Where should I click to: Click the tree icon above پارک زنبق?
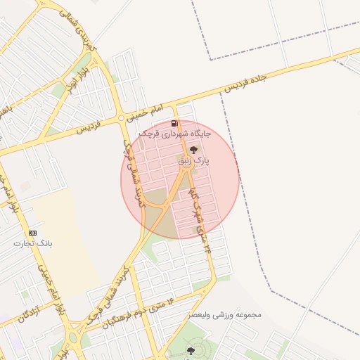(193, 149)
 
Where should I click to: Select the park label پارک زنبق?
(193, 161)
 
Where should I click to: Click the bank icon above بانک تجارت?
(32, 233)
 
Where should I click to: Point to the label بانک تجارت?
(33, 243)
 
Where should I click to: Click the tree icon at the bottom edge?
(190, 350)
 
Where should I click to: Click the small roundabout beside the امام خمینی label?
(122, 117)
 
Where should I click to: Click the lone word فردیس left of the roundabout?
(89, 127)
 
